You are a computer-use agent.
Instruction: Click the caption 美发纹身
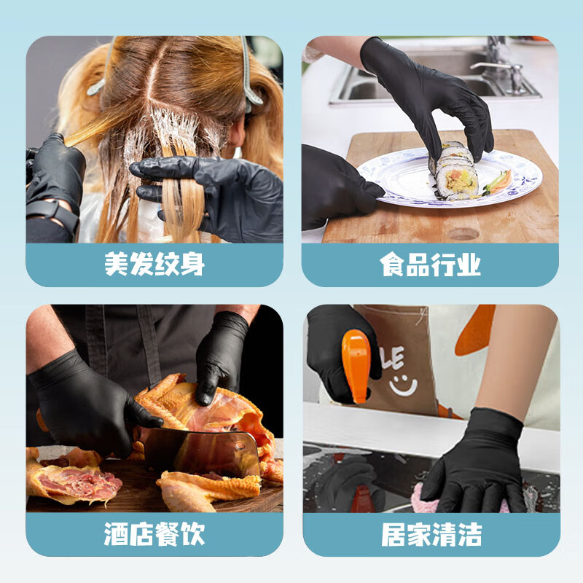tap(154, 265)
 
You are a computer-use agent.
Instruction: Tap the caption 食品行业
tap(430, 265)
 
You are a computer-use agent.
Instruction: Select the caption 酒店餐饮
tap(154, 534)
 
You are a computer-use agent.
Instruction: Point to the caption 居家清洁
tap(430, 534)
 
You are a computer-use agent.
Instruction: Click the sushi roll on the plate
tap(456, 171)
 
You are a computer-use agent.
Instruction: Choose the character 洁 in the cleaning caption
tap(468, 534)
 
